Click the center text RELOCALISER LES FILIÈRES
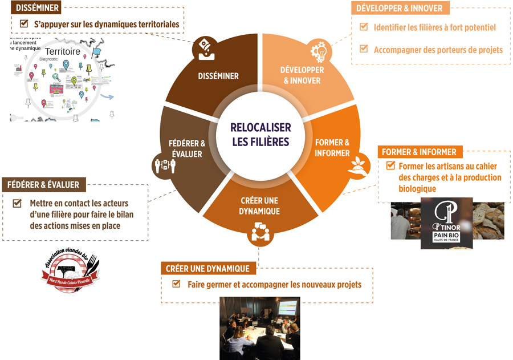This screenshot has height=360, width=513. pyautogui.click(x=260, y=135)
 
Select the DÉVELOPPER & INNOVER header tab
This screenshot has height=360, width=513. pyautogui.click(x=399, y=8)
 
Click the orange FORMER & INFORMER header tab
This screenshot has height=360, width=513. pyautogui.click(x=419, y=152)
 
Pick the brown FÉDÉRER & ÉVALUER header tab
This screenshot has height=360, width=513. pyautogui.click(x=44, y=185)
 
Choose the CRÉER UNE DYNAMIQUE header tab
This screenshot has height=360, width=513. pyautogui.click(x=207, y=268)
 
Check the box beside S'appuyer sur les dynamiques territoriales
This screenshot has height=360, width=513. pyautogui.click(x=24, y=24)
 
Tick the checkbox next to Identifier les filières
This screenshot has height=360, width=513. pyautogui.click(x=363, y=27)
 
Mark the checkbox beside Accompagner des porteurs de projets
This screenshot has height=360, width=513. pyautogui.click(x=363, y=49)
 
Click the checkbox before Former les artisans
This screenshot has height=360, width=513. pyautogui.click(x=390, y=165)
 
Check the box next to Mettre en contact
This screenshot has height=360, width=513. pyautogui.click(x=17, y=203)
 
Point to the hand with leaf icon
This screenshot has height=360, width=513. pyautogui.click(x=357, y=163)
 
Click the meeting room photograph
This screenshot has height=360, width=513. pyautogui.click(x=259, y=328)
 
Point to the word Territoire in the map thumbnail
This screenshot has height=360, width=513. pyautogui.click(x=62, y=52)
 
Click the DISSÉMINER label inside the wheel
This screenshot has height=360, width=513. pyautogui.click(x=218, y=76)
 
